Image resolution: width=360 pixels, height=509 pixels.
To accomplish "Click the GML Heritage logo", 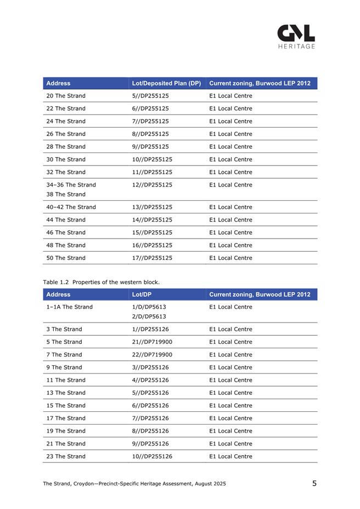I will pyautogui.click(x=296, y=37).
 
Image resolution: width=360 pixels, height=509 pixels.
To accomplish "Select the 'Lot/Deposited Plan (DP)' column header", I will pyautogui.click(x=167, y=83).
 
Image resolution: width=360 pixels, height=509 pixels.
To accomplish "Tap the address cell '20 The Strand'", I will pyautogui.click(x=66, y=96).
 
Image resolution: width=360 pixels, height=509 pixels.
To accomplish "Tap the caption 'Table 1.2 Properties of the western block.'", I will pyautogui.click(x=102, y=282).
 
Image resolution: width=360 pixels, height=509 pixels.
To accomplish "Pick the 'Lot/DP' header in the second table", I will pyautogui.click(x=142, y=295).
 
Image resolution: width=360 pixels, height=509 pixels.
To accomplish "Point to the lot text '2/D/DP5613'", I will pyautogui.click(x=149, y=316).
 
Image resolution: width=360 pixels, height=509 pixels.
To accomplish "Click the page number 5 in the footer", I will pyautogui.click(x=314, y=483).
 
